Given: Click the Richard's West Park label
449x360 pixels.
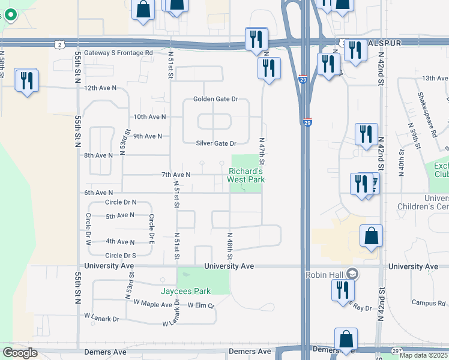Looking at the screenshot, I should tap(246, 175).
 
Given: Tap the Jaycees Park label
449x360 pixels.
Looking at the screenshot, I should tap(185, 291).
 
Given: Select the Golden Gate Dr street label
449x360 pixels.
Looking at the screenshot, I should tap(215, 99).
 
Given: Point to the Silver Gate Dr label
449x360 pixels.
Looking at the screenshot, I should tap(216, 143).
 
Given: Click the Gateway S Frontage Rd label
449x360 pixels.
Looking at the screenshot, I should tap(118, 53).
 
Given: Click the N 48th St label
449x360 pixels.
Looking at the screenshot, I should tap(229, 246).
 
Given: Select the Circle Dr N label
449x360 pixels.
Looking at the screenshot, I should tap(121, 203).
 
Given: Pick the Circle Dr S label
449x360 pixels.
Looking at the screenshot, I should tap(120, 255).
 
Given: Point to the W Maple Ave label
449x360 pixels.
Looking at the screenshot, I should tap(153, 304).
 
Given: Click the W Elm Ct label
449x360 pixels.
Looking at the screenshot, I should tap(201, 305).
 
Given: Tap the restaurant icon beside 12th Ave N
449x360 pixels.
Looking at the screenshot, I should tap(26, 80).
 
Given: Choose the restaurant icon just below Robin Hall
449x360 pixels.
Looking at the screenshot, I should tap(343, 290).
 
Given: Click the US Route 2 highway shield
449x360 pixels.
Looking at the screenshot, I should tap(58, 44).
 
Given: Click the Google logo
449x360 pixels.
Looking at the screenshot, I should tap(20, 353).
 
